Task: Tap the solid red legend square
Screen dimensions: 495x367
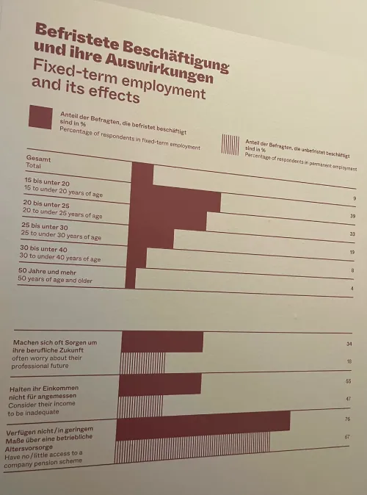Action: tap(40, 118)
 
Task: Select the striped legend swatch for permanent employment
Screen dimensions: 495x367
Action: tap(230, 143)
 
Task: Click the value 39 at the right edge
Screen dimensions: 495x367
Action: tap(352, 217)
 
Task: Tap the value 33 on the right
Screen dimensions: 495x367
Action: tap(352, 234)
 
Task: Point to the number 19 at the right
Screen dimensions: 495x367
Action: tap(352, 253)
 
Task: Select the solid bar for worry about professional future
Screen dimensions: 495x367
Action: tap(161, 342)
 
